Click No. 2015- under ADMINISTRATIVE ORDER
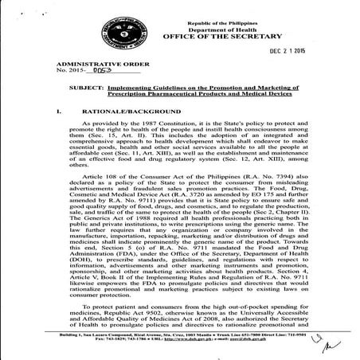click(70, 68)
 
